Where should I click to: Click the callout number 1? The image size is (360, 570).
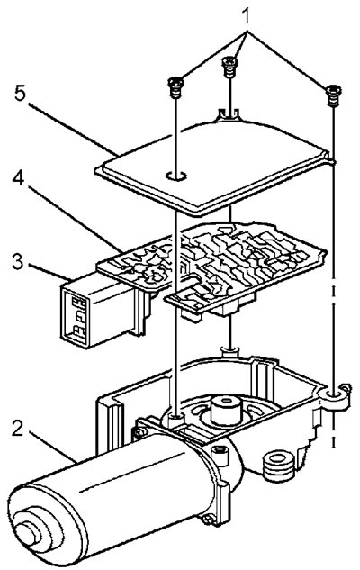(247, 15)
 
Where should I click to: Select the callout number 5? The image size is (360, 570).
(20, 94)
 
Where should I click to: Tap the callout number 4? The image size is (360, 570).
(19, 179)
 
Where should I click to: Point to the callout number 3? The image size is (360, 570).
(17, 261)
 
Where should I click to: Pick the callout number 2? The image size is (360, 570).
(18, 429)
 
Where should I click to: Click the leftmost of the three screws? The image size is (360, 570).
(175, 87)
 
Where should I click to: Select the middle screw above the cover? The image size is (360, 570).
(229, 67)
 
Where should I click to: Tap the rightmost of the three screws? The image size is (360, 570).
(332, 95)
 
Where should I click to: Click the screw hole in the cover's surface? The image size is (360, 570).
(176, 176)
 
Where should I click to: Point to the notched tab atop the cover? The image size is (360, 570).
(228, 113)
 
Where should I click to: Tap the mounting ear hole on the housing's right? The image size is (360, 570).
(335, 394)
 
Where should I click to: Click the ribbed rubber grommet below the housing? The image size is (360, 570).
(278, 466)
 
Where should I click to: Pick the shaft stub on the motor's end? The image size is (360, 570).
(28, 532)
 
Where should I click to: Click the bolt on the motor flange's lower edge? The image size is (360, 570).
(210, 520)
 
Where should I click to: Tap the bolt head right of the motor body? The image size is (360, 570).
(220, 452)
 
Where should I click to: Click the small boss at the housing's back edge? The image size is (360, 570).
(229, 350)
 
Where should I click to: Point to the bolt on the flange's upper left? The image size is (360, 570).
(139, 432)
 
